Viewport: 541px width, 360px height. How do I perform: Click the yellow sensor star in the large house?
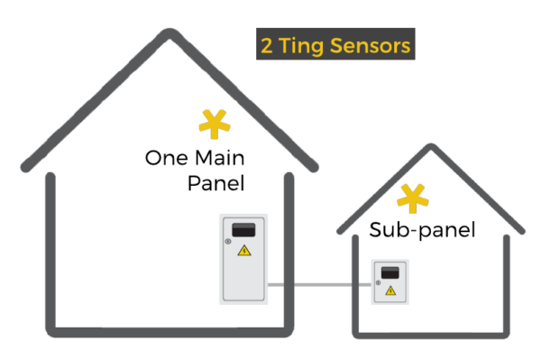click(x=214, y=125)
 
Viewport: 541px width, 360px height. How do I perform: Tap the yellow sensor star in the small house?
click(x=413, y=198)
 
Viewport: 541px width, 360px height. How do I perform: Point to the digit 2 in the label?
click(x=267, y=46)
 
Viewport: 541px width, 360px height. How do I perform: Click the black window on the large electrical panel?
click(x=243, y=229)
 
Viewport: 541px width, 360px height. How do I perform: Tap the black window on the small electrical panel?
click(x=390, y=272)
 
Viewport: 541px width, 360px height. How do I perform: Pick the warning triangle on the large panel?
click(x=243, y=250)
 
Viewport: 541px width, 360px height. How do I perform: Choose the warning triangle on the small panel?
click(x=390, y=291)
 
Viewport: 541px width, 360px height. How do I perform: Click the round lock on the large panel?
click(x=227, y=241)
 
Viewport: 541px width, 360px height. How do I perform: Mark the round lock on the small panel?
click(x=378, y=282)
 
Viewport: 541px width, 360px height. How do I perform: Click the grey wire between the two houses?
click(x=319, y=285)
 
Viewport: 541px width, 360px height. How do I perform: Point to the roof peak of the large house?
click(x=170, y=33)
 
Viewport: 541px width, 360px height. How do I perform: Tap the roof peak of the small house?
click(x=431, y=147)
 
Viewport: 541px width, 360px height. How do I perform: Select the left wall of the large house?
click(x=50, y=253)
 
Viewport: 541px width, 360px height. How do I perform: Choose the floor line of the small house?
click(x=431, y=335)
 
